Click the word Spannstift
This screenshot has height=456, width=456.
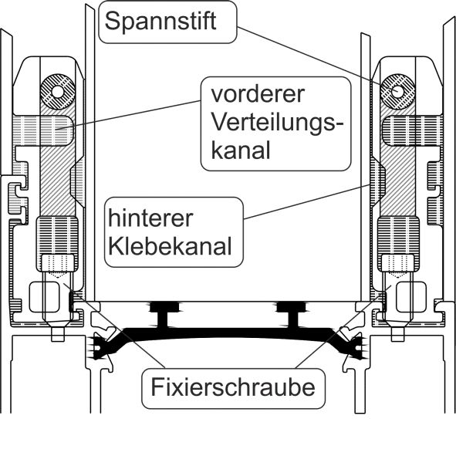tap(160, 22)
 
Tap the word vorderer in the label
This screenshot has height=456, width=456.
tap(258, 94)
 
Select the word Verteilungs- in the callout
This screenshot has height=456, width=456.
tap(277, 123)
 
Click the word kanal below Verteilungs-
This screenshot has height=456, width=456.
tap(241, 150)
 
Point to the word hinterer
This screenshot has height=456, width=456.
tap(150, 218)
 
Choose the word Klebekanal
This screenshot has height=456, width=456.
tap(170, 246)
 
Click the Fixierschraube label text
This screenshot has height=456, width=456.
tap(233, 387)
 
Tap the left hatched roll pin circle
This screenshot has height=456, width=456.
tap(58, 92)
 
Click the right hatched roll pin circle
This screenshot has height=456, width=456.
tap(397, 92)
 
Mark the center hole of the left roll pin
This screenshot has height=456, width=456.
tap(58, 92)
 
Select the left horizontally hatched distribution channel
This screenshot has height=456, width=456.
tap(44, 131)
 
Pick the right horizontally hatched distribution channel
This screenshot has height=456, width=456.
tap(413, 131)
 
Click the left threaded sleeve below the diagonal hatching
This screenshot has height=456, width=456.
tap(57, 244)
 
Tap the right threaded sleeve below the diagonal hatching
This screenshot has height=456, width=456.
tap(398, 244)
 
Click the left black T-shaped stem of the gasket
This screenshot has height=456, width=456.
tap(164, 316)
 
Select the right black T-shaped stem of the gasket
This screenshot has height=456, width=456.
tap(292, 316)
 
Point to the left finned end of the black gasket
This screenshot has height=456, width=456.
tap(102, 346)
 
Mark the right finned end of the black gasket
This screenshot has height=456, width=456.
tap(353, 346)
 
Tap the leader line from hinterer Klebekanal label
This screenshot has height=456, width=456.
tap(307, 201)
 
